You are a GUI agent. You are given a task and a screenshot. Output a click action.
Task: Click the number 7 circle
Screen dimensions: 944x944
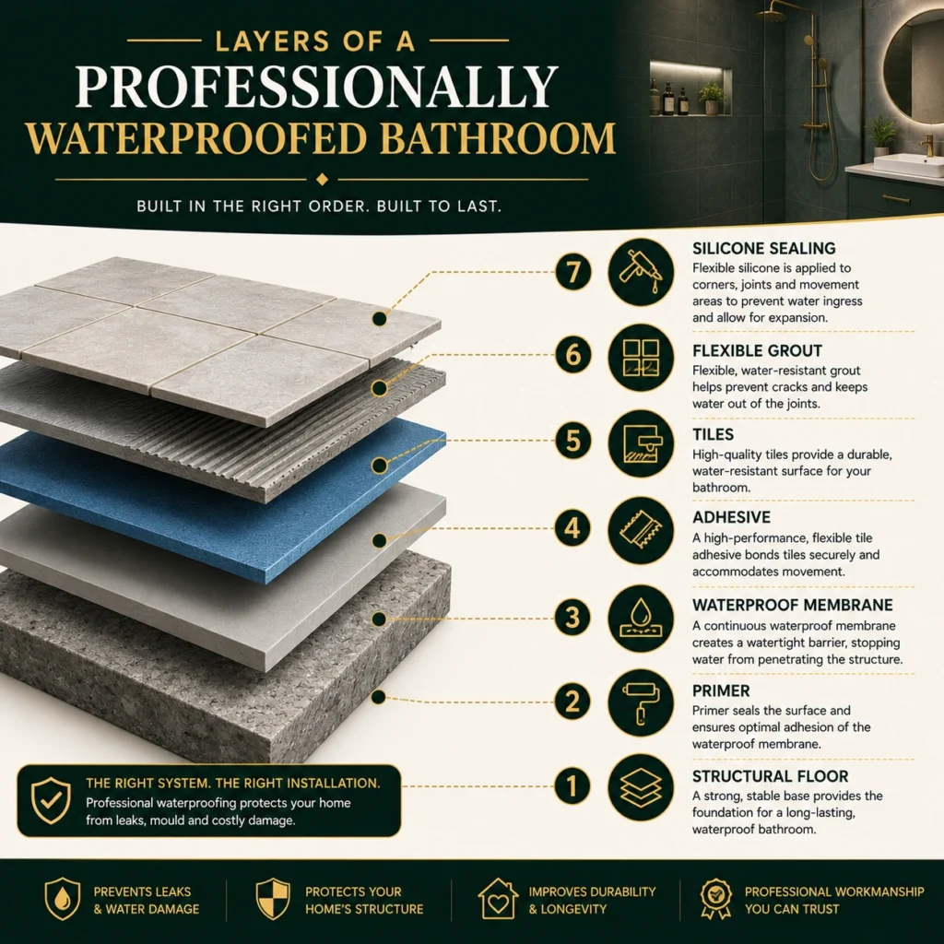coord(572,272)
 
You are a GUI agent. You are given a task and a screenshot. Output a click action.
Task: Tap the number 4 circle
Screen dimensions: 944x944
coord(572,528)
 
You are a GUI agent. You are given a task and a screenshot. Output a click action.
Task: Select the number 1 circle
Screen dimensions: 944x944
coord(572,785)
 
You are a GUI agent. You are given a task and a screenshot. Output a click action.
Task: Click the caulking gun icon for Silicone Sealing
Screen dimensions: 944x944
coord(641,272)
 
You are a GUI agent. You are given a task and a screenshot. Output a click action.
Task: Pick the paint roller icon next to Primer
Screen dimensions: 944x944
coord(641,702)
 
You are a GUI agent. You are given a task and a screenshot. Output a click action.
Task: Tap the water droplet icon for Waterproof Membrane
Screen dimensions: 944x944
coord(641,619)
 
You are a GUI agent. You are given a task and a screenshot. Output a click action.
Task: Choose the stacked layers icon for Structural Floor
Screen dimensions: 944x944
coord(641,787)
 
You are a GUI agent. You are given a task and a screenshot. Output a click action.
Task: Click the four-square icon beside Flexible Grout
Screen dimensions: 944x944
coord(641,358)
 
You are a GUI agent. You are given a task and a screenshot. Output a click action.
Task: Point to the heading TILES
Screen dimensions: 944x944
coord(713,435)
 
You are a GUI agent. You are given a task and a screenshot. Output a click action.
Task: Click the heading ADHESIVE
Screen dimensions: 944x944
coord(731,517)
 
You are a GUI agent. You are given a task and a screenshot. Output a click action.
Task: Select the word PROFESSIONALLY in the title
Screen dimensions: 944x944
coord(317,87)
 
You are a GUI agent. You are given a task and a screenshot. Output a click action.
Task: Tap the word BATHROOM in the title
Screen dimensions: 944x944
coord(497,138)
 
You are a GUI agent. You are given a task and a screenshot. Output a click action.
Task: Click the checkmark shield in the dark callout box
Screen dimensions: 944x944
coord(52,800)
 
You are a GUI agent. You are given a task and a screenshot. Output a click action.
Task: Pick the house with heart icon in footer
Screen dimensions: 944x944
coord(498,899)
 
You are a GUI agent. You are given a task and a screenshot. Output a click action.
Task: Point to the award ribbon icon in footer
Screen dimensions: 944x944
coord(715,900)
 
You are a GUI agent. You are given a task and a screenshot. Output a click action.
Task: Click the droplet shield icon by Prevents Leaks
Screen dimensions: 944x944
coord(63,899)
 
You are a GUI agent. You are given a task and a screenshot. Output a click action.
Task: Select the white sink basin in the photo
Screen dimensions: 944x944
coord(910,165)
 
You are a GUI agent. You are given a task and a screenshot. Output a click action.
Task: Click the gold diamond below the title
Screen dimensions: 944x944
coord(322,180)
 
